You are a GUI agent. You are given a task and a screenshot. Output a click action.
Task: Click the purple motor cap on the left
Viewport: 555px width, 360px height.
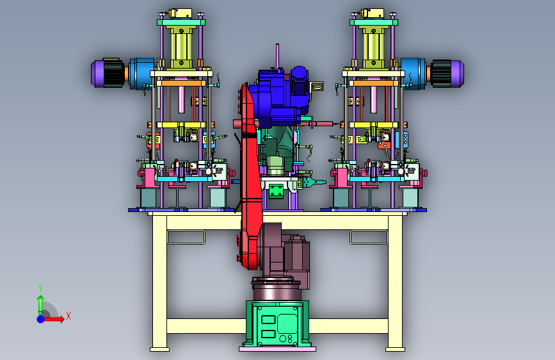pos(97,74)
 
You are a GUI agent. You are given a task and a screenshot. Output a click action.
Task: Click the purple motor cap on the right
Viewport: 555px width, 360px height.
pos(457,74)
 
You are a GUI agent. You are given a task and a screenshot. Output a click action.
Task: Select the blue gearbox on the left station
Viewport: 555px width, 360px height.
pos(141,74)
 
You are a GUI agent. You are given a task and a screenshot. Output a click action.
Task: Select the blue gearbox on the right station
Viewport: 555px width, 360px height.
pos(414,74)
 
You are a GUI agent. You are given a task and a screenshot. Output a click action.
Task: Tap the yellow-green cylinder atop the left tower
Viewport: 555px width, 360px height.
pos(181,47)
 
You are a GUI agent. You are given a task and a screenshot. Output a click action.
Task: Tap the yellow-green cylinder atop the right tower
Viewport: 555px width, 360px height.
pos(374,47)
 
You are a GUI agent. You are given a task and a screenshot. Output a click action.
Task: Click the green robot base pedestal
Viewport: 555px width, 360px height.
pos(277,324)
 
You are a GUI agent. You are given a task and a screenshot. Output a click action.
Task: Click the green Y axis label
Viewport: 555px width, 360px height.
pos(40,288)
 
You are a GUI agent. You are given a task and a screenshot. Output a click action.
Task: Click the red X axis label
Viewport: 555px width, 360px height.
pos(68,316)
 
